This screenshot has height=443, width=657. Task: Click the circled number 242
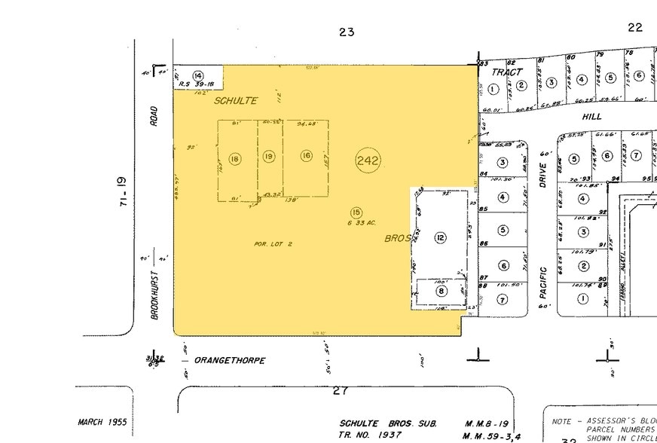coord(368,160)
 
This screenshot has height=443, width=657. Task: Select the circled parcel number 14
coord(198,76)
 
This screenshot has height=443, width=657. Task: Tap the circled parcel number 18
coord(235,159)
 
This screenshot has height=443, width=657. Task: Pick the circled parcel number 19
coord(269,156)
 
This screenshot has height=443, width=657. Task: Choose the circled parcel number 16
coord(306,155)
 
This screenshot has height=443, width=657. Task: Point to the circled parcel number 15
coord(356,213)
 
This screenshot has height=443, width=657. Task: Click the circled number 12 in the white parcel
coord(440,238)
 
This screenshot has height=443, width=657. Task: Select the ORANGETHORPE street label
coord(230,361)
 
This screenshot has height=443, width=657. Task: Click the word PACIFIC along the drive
coord(543,283)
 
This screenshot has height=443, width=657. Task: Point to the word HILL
coord(591,118)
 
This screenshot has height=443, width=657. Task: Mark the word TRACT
coord(507,72)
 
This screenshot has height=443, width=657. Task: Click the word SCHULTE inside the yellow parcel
coord(235,100)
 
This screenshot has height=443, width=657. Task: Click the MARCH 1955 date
coord(102,422)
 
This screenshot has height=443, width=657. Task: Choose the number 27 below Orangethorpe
coord(341,391)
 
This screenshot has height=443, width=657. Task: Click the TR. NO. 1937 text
coord(370,435)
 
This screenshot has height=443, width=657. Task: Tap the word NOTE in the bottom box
coord(562,422)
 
